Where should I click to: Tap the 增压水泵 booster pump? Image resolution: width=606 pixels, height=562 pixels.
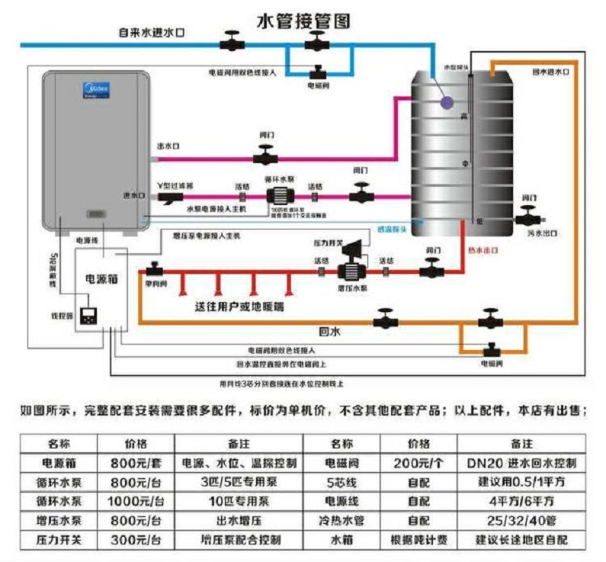[x=350, y=268]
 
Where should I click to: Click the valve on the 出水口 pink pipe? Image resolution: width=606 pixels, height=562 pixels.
[x=265, y=157]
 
